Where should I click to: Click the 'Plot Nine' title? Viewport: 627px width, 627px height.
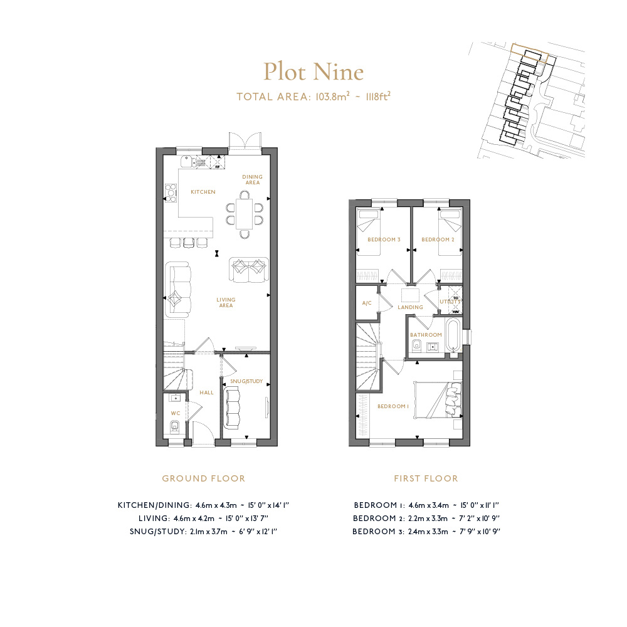coord(313,72)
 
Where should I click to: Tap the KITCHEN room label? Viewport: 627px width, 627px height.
coord(203,192)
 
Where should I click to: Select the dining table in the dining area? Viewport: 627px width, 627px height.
coord(245,214)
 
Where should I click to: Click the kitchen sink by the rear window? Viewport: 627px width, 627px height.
coord(186,162)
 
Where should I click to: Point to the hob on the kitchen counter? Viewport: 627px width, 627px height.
coord(171,192)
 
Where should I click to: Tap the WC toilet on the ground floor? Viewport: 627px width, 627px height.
coord(175,426)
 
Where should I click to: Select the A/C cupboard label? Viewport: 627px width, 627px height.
coord(367,303)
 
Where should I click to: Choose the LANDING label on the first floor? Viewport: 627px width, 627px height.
coord(410,307)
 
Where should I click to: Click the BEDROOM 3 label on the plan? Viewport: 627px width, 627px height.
coord(384,240)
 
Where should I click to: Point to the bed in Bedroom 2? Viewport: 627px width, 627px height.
coord(450,233)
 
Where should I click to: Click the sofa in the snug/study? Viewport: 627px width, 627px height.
coord(233,407)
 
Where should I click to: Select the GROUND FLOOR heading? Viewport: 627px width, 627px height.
coord(204,478)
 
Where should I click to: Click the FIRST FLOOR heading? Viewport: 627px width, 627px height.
coord(426,478)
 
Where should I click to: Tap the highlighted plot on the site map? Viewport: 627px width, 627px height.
coord(529,53)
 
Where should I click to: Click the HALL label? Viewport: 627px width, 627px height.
coord(206,393)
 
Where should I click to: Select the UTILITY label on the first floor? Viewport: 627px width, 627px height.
coord(450,302)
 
